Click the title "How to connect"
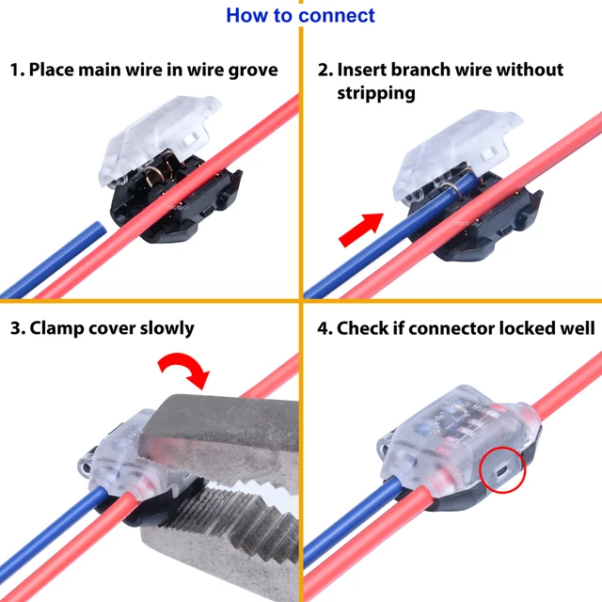pos(300,15)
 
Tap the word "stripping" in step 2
pos(377,93)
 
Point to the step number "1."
pos(16,71)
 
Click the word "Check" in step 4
pos(363,328)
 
